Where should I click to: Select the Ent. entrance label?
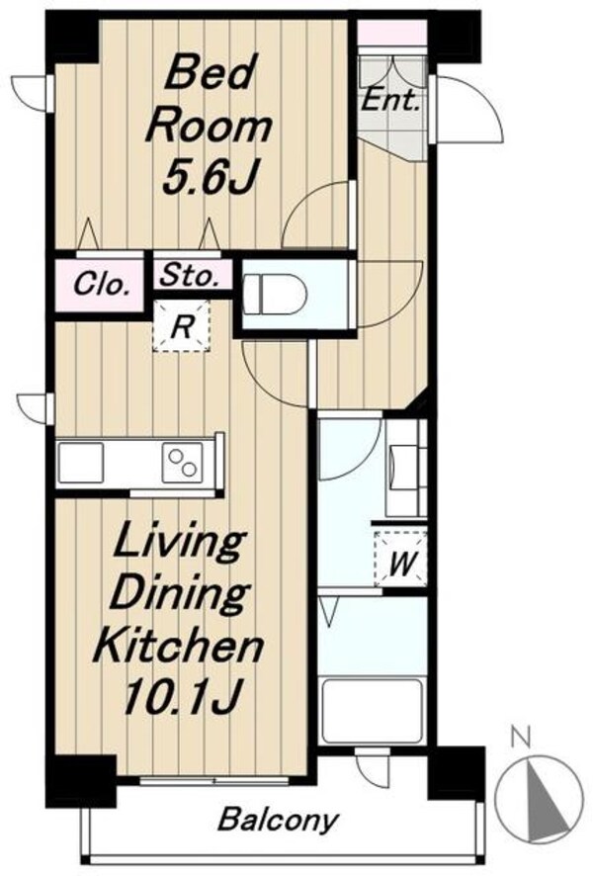390,101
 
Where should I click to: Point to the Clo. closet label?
102,286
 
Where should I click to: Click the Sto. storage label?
190,276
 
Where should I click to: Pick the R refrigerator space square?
181,326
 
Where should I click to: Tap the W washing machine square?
401,560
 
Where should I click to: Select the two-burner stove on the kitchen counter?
183,463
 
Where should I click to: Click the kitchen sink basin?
81,463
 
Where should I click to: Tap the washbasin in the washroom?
405,467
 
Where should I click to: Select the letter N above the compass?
521,739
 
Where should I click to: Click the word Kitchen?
178,646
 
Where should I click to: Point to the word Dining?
179,595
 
